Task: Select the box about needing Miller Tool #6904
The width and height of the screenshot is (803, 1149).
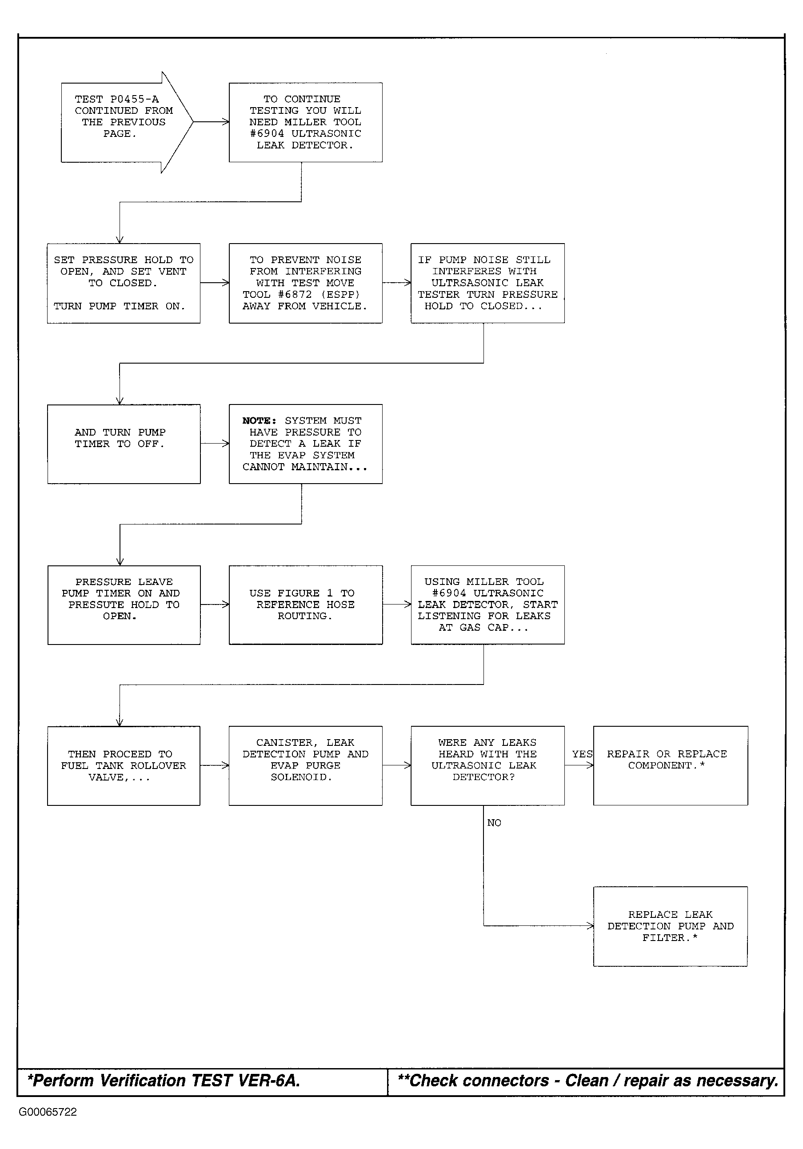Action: [x=306, y=122]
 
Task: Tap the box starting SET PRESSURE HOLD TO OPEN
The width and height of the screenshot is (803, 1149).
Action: [x=124, y=283]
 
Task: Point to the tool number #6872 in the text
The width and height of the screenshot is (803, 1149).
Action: [x=295, y=295]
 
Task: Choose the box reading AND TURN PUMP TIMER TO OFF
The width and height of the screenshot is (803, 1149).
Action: [x=124, y=444]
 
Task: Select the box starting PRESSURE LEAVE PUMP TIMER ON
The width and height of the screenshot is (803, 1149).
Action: [x=124, y=605]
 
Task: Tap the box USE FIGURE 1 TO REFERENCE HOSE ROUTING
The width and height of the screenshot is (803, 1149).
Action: [x=306, y=605]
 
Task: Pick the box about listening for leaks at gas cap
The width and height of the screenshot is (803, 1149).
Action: [x=488, y=605]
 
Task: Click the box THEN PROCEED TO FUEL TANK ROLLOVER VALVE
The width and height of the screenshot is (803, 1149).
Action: [x=124, y=766]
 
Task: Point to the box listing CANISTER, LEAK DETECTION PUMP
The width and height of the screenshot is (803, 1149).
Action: [x=306, y=766]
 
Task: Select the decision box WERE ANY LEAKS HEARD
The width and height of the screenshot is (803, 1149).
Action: [x=488, y=766]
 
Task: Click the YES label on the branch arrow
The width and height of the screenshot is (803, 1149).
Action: [x=582, y=754]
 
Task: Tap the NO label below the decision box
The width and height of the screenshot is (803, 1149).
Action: [x=494, y=823]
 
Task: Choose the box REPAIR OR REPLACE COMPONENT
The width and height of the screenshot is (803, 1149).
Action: [x=671, y=766]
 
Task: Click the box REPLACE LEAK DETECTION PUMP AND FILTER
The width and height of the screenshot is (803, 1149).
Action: [x=671, y=927]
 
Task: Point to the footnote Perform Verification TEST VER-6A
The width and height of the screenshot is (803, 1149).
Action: [x=164, y=1081]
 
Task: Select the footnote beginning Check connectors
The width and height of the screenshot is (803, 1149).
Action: [x=588, y=1081]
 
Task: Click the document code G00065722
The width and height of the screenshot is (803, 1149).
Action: [x=48, y=1113]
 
